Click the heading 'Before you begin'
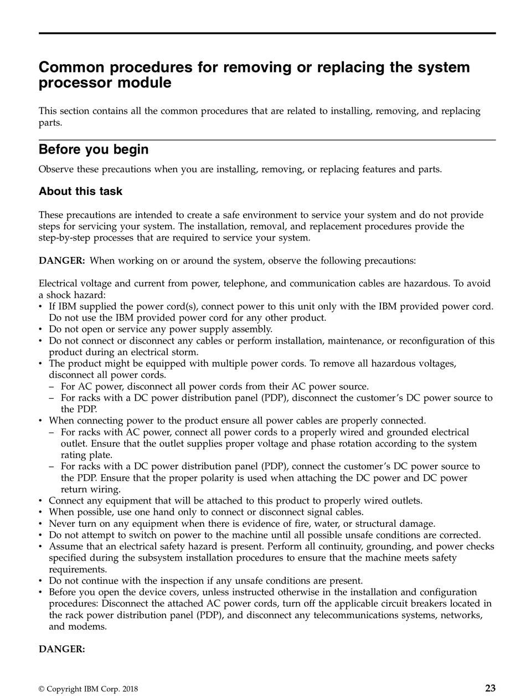pos(93,150)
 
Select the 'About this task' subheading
pos(80,192)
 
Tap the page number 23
pos(490,689)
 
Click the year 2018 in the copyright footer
pos(129,689)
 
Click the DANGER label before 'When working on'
pos(61,260)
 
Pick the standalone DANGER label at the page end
pos(61,649)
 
